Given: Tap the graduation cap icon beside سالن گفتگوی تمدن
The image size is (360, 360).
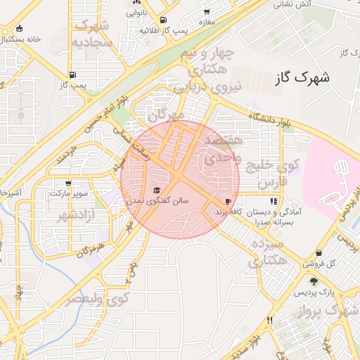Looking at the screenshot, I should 157,190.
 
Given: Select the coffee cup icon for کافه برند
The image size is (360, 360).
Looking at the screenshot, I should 229,201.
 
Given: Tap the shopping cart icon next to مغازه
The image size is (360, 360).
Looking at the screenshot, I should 207,12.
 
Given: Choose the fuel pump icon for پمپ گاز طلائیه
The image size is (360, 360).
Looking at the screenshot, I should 164,20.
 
